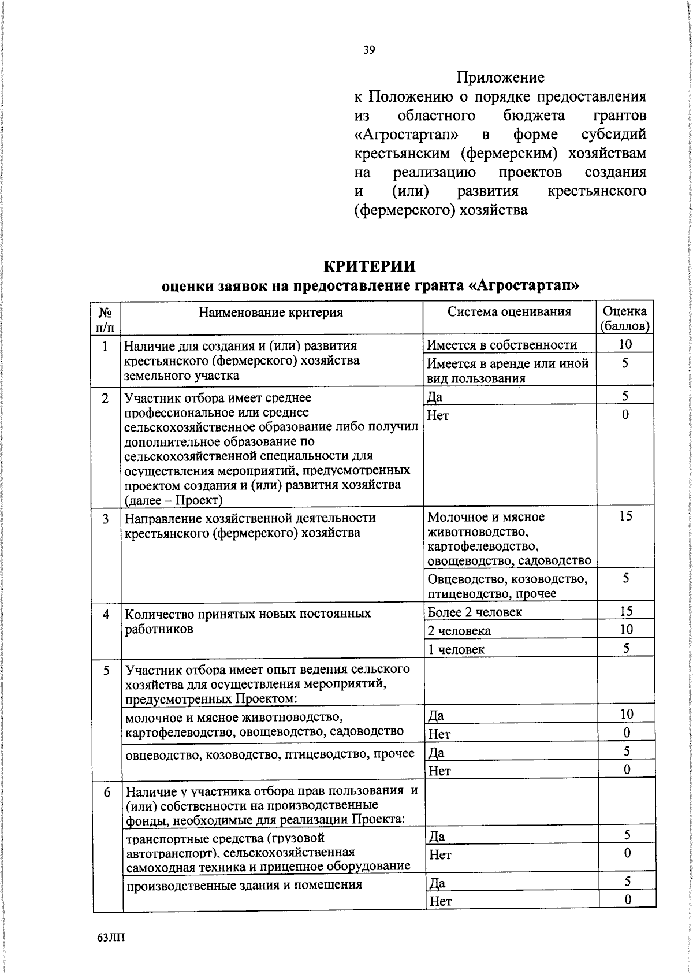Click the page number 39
[x=369, y=50]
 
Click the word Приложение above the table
[x=500, y=77]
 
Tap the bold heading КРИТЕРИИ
[x=369, y=266]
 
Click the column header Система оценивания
[x=509, y=312]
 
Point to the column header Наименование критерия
[x=271, y=313]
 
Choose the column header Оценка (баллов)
[x=625, y=319]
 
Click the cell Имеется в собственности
[x=502, y=345]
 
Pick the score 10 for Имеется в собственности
[x=625, y=344]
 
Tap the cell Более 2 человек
[x=475, y=612]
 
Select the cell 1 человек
[x=456, y=649]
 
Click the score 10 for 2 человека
[x=626, y=629]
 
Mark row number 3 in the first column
[x=106, y=519]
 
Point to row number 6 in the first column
[x=107, y=793]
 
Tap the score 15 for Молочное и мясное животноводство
[x=626, y=516]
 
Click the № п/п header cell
[x=106, y=319]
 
